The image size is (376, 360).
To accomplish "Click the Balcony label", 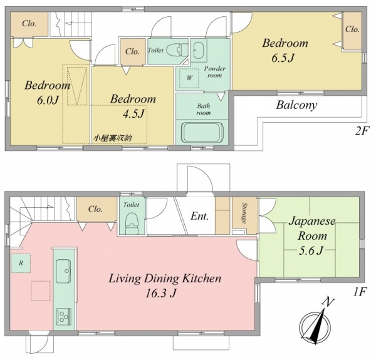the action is coord(296,105).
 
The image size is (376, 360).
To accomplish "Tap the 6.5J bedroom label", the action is coord(285,51).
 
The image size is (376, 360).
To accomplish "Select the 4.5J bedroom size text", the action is coord(133,114).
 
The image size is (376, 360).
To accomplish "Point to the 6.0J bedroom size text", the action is coord(48,100).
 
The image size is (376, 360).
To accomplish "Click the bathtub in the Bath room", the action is coord(203,133).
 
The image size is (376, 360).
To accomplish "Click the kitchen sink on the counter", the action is coord(64,271).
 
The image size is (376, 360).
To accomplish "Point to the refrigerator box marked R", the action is coord(21,263).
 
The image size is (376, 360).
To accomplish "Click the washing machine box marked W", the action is coord(189,78).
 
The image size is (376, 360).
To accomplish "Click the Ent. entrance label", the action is coord(199,216).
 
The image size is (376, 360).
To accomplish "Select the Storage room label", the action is coord(245,213).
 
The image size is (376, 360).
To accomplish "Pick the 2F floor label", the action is coord(362,131).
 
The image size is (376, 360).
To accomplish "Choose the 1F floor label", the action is coord(360,292).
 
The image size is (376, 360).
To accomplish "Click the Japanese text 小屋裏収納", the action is coord(113,138).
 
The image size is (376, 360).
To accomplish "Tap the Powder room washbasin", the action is coord(198,50).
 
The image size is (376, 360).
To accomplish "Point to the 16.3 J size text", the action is coord(161,293).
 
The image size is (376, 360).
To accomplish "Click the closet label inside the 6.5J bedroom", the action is coord(352,29).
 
